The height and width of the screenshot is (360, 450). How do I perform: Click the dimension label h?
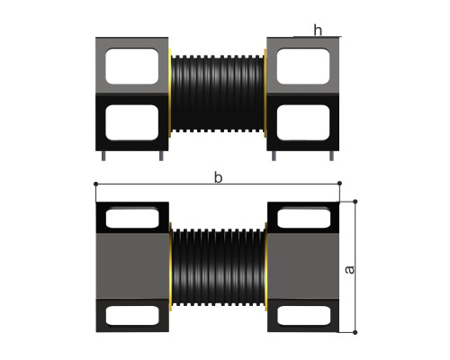318,30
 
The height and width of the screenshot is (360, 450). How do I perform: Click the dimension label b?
218,177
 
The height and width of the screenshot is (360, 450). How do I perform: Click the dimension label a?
349,270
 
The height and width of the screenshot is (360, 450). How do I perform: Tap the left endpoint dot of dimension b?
95,184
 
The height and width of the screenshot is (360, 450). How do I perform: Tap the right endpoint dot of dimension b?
339,183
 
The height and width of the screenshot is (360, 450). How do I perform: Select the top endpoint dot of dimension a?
355,202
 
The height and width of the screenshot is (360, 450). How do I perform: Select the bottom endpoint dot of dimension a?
355,332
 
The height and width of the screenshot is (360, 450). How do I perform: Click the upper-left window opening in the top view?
132,66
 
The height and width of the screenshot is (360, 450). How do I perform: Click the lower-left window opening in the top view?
132,122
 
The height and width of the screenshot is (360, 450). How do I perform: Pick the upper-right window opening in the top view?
303,66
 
